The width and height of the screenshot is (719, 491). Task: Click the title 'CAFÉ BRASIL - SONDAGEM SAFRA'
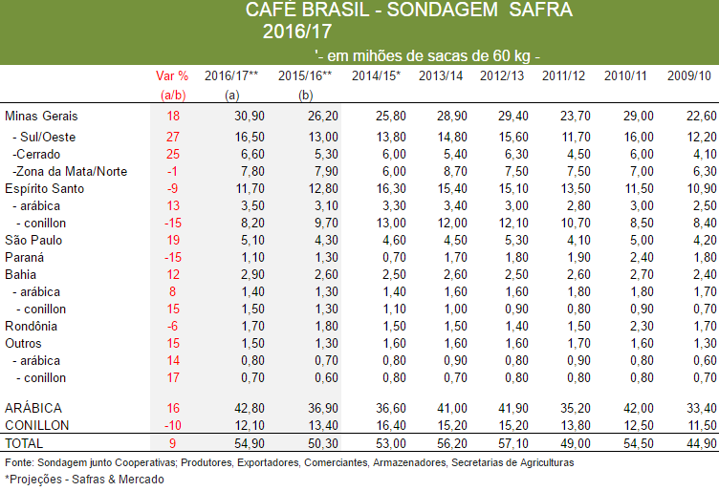[x=408, y=11]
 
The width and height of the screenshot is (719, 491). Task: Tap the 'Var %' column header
[x=172, y=75]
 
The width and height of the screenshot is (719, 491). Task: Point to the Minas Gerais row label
[x=41, y=116]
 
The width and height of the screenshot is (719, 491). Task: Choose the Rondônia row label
[x=33, y=326]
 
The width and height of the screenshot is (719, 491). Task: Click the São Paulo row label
[x=34, y=239]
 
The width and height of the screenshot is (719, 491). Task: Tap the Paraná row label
[x=27, y=256]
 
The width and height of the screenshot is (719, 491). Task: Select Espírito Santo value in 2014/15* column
[x=378, y=188]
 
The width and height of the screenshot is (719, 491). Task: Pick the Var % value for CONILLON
[x=172, y=424]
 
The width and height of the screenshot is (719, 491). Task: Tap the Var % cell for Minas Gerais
[x=173, y=116]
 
